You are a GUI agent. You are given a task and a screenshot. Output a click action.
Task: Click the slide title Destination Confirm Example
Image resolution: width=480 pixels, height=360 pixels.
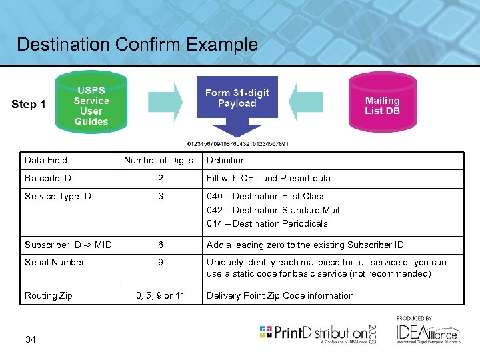(x=137, y=45)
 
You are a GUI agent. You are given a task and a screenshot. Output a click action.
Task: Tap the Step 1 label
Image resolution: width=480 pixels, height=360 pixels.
(x=29, y=104)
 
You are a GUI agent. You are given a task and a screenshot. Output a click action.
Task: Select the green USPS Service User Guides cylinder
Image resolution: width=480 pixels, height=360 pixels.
(x=91, y=105)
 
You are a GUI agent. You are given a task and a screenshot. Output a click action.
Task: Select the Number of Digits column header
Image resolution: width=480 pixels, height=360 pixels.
(x=159, y=160)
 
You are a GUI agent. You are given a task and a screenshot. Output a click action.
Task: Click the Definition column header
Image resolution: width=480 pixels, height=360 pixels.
(x=226, y=160)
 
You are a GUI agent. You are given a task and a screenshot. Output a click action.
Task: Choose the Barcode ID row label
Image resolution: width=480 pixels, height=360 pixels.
(x=47, y=178)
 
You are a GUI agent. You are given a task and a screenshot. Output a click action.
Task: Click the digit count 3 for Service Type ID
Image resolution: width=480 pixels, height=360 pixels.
(x=161, y=196)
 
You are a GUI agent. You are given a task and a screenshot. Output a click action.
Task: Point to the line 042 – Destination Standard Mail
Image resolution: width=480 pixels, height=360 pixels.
(x=273, y=210)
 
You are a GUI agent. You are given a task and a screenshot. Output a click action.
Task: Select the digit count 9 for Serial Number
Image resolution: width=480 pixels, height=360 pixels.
(x=161, y=262)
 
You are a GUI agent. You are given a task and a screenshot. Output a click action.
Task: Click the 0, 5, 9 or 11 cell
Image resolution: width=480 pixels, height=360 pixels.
(x=160, y=295)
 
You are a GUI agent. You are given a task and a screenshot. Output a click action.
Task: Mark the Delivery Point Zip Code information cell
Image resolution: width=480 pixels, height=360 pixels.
(x=280, y=295)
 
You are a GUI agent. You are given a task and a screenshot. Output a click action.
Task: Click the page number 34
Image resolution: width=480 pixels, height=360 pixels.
(x=30, y=340)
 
